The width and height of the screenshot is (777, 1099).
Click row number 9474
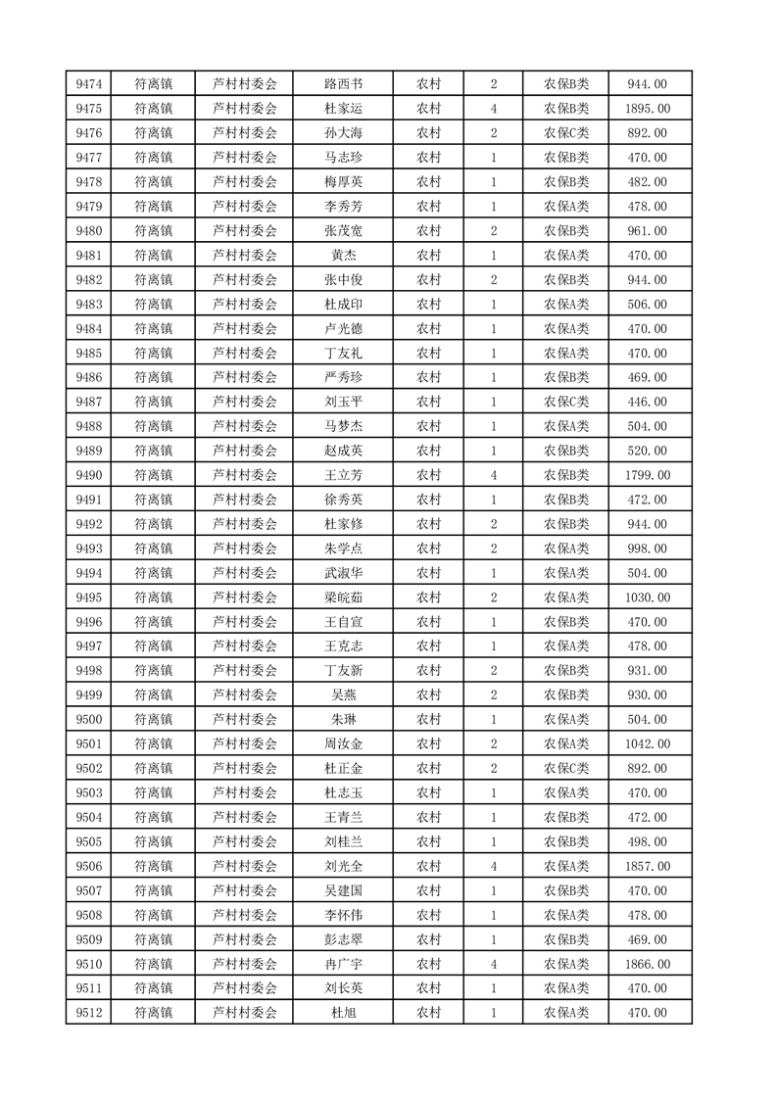(x=89, y=84)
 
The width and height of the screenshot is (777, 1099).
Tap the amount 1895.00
(x=648, y=109)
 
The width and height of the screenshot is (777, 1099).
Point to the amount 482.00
(x=648, y=182)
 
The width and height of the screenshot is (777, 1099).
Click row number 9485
(x=89, y=354)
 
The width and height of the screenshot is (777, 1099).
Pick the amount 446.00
(x=648, y=403)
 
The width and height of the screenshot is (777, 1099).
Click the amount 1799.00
(x=648, y=476)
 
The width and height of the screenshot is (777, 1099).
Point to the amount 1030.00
(x=648, y=597)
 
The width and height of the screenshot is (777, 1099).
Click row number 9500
(x=89, y=720)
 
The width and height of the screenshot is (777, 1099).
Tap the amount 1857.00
(x=648, y=867)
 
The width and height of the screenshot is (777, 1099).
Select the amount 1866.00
(x=648, y=965)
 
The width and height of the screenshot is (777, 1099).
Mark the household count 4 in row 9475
(x=493, y=109)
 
